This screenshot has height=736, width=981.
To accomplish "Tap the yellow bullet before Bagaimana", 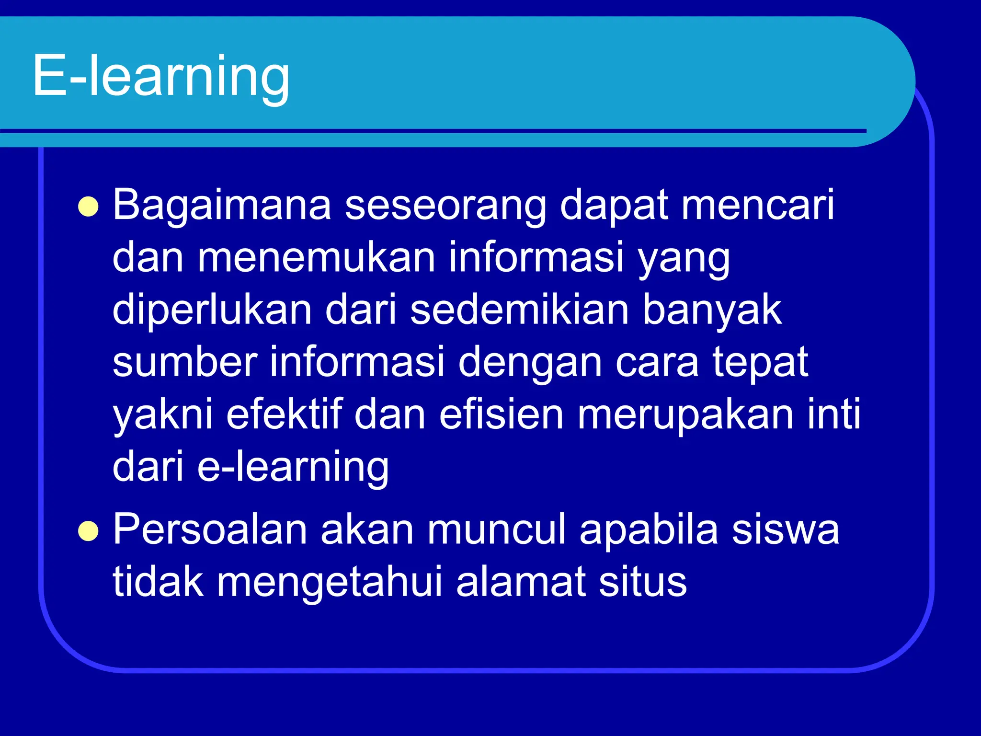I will pos(88,207).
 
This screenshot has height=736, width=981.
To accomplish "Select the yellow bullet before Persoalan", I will pos(88,531).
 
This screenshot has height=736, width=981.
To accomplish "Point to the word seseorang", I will pos(445,206).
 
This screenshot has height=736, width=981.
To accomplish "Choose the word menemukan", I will pos(316,258).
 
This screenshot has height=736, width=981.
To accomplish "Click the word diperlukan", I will pos(212,310).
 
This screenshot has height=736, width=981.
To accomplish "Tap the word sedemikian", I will pos(519,310).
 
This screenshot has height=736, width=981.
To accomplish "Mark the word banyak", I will pos(712,310).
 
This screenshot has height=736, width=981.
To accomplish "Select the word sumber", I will pos(185,362).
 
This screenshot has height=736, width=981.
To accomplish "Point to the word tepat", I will pos(760,363).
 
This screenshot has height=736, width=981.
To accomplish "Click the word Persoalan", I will pos(210,530).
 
